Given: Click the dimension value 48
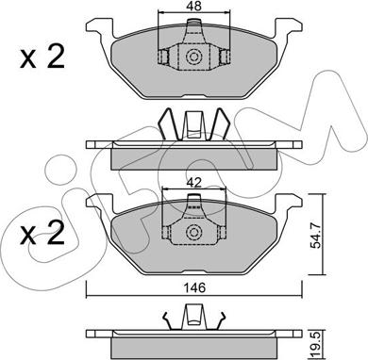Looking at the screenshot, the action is tap(193, 6).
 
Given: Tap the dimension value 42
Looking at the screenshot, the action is tap(193, 182).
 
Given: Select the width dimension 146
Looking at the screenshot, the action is tap(194, 287).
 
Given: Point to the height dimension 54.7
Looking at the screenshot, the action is tap(316, 234).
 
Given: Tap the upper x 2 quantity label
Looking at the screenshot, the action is tap(42, 57).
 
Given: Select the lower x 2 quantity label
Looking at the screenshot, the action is tap(42, 233).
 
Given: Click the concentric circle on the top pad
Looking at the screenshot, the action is tap(193, 57).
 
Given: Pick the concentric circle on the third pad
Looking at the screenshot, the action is tap(193, 233).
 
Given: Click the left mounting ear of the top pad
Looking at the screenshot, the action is tap(100, 29).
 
